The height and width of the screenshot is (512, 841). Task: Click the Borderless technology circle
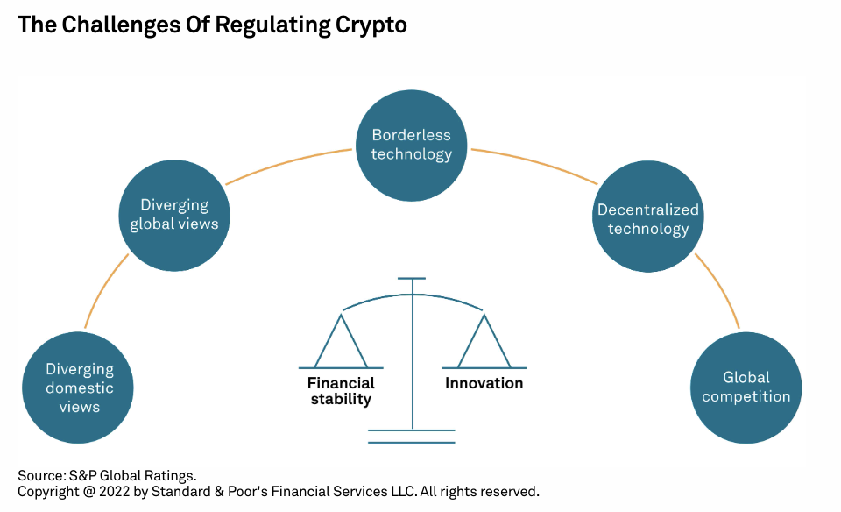pyautogui.click(x=412, y=146)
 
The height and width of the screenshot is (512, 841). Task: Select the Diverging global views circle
pyautogui.click(x=174, y=215)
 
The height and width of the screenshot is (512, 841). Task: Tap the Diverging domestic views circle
pyautogui.click(x=78, y=388)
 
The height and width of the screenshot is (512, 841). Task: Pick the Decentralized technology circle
pyautogui.click(x=648, y=217)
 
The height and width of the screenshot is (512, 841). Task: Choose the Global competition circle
pyautogui.click(x=746, y=388)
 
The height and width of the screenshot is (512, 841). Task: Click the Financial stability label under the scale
pyautogui.click(x=341, y=391)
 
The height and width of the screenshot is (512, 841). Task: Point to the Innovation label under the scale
pyautogui.click(x=484, y=383)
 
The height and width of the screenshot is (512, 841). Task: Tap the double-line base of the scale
pyautogui.click(x=412, y=437)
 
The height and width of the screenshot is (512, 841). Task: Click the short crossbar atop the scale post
pyautogui.click(x=412, y=279)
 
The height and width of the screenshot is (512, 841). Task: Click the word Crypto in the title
pyautogui.click(x=371, y=25)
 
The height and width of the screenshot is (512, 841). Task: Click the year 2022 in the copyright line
pyautogui.click(x=114, y=492)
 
